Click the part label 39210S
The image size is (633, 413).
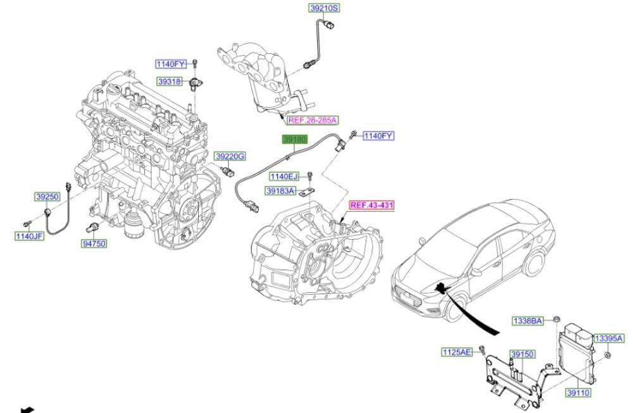pyautogui.click(x=325, y=8)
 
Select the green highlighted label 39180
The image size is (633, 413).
pyautogui.click(x=296, y=139)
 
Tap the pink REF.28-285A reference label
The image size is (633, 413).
pyautogui.click(x=313, y=120)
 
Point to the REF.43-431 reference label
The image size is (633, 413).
pyautogui.click(x=372, y=206)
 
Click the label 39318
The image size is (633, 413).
pyautogui.click(x=170, y=82)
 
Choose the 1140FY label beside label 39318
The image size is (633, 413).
pyautogui.click(x=172, y=63)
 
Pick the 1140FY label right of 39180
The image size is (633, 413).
pyautogui.click(x=379, y=136)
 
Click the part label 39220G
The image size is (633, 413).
pyautogui.click(x=230, y=156)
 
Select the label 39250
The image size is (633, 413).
pyautogui.click(x=47, y=197)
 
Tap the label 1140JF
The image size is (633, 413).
pyautogui.click(x=29, y=237)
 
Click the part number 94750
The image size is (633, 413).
pyautogui.click(x=94, y=243)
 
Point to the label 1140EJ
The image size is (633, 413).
pyautogui.click(x=284, y=176)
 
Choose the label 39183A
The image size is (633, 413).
pyautogui.click(x=280, y=190)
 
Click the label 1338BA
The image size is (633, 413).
pyautogui.click(x=528, y=321)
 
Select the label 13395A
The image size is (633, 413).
pyautogui.click(x=608, y=338)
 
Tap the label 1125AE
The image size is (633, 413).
pyautogui.click(x=457, y=351)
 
